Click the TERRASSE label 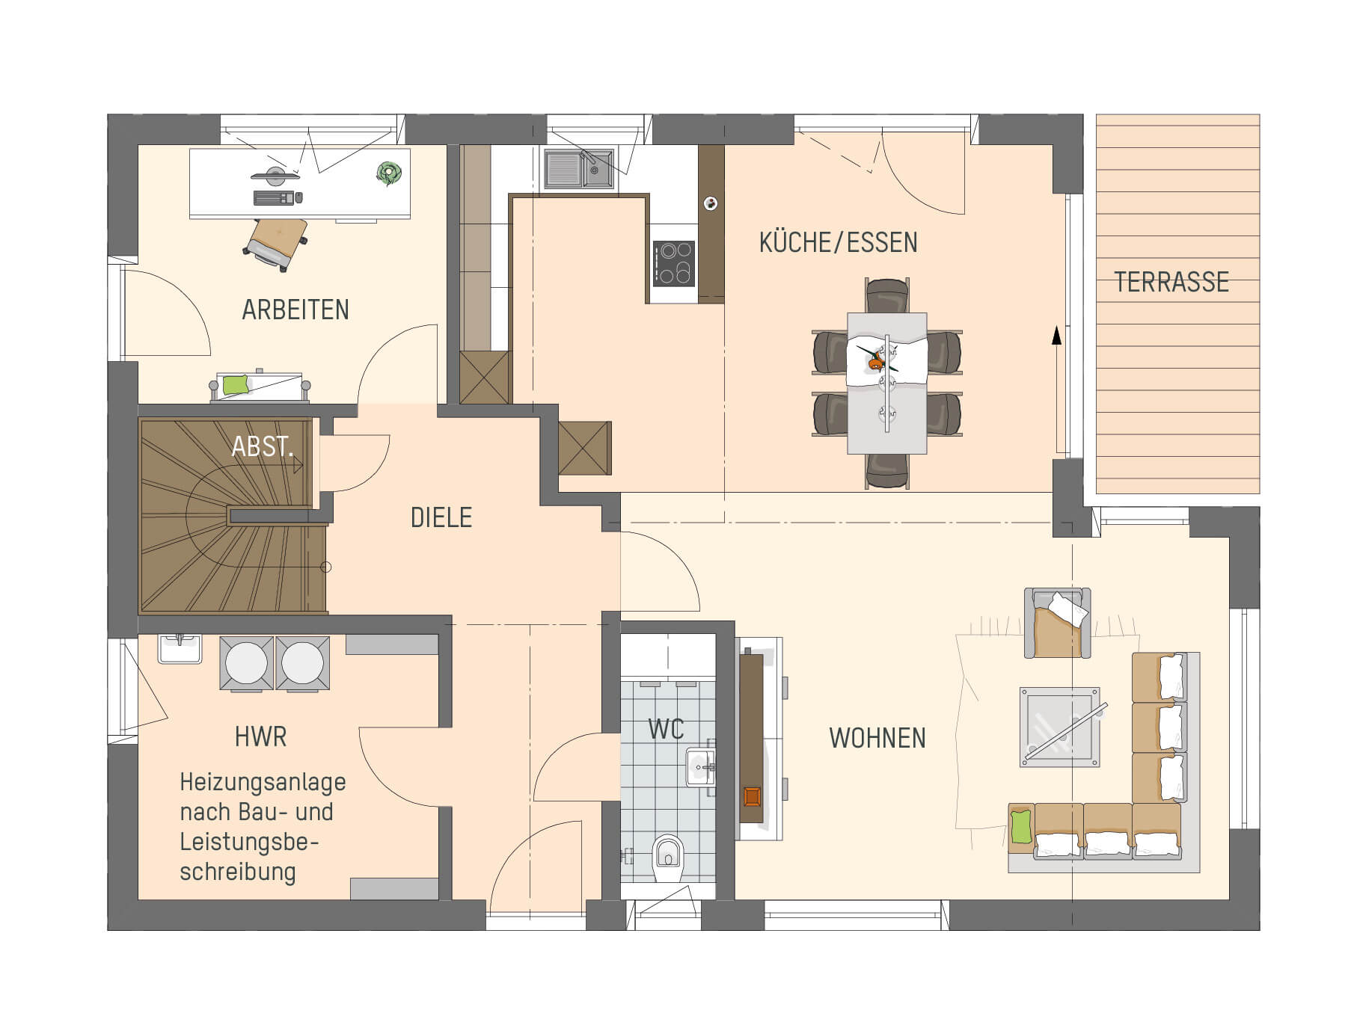click(x=1171, y=282)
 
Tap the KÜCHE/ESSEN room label click(x=838, y=242)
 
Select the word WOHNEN click(x=877, y=738)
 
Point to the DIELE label click(x=441, y=517)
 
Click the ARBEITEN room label click(x=295, y=310)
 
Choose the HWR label click(x=260, y=736)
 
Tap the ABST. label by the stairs click(x=261, y=446)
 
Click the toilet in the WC click(x=668, y=858)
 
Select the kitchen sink click(x=579, y=167)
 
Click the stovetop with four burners click(x=674, y=263)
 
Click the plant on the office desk click(x=389, y=173)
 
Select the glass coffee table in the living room click(x=1060, y=727)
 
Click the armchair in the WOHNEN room click(x=1057, y=623)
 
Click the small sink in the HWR click(x=180, y=648)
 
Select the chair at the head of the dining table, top click(x=887, y=295)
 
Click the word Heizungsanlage click(x=263, y=783)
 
